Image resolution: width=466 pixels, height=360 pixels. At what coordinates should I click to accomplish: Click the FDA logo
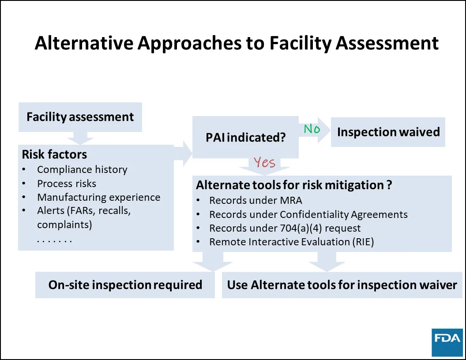click(x=447, y=342)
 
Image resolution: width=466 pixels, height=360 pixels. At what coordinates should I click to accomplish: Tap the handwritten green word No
click(x=312, y=129)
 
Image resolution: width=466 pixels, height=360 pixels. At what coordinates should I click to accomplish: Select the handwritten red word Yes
click(x=264, y=162)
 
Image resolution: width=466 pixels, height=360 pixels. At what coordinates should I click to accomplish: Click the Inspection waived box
click(x=388, y=132)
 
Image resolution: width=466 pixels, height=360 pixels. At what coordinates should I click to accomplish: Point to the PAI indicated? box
click(x=246, y=137)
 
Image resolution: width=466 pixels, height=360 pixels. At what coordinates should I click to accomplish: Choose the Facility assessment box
click(x=80, y=117)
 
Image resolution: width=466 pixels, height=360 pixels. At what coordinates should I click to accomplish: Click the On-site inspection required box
click(x=125, y=285)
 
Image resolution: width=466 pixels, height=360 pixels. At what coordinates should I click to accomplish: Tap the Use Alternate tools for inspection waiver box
click(x=342, y=285)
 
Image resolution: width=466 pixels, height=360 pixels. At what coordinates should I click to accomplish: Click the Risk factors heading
click(x=54, y=154)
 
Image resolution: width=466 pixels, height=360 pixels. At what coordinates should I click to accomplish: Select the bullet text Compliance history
click(x=82, y=169)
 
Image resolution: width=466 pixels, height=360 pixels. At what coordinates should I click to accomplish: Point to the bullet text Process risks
click(x=67, y=184)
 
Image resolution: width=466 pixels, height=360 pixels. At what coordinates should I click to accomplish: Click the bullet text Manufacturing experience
click(x=99, y=197)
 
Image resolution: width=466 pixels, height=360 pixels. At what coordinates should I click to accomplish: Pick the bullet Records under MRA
click(x=256, y=200)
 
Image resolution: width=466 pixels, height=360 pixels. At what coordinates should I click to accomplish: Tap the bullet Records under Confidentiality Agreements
click(x=308, y=214)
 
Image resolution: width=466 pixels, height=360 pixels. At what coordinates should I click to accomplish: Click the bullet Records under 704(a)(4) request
click(x=285, y=228)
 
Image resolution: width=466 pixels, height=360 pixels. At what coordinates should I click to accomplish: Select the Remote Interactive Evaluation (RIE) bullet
click(x=292, y=242)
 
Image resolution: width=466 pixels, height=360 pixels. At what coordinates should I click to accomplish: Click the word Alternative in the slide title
click(x=84, y=43)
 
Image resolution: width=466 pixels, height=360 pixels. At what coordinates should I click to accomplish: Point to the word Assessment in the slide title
click(x=387, y=43)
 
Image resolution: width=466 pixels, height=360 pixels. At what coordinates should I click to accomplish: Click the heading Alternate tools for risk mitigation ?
click(x=294, y=185)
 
